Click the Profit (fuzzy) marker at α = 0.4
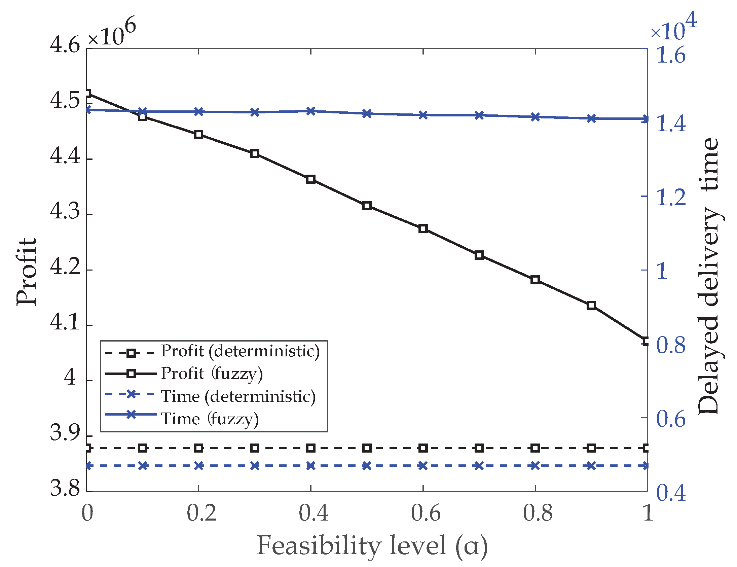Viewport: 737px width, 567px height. click(x=311, y=179)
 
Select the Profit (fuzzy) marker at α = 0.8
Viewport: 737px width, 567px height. click(x=535, y=280)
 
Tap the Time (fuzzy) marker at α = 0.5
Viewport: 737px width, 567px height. click(x=367, y=114)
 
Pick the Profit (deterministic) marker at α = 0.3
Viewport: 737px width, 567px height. click(x=255, y=448)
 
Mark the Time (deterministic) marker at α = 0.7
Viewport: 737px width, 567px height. click(x=479, y=466)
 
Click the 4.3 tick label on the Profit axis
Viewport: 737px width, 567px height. click(x=65, y=212)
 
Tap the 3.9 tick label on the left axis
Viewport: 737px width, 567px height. click(x=65, y=433)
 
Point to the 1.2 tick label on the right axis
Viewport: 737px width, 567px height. click(x=671, y=197)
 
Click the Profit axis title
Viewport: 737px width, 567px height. click(x=26, y=272)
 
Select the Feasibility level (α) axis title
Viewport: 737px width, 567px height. click(x=372, y=546)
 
